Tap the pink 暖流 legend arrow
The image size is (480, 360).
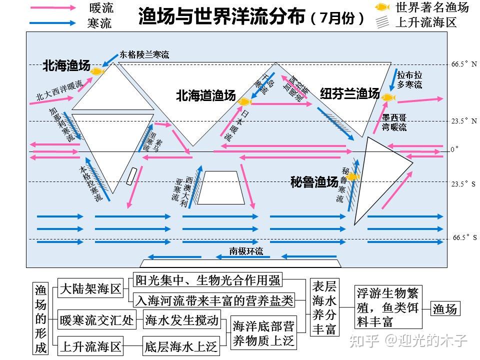[52, 8]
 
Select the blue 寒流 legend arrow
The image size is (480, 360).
[52, 22]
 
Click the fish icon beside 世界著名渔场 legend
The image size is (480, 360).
[382, 7]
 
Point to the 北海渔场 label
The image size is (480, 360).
[66, 65]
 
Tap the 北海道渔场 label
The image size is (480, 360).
[205, 96]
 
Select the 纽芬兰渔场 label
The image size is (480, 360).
[349, 93]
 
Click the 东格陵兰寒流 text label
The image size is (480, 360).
[144, 54]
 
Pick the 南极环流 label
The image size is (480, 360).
[246, 251]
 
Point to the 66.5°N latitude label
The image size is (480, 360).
[463, 64]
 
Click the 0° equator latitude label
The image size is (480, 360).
[454, 149]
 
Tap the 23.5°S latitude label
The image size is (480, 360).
[463, 184]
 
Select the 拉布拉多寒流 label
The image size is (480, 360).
[409, 79]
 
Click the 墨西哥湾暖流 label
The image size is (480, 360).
[394, 122]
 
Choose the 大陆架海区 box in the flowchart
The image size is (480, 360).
[90, 289]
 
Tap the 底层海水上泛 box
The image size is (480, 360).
[180, 346]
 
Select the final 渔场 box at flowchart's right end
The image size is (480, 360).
[444, 308]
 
